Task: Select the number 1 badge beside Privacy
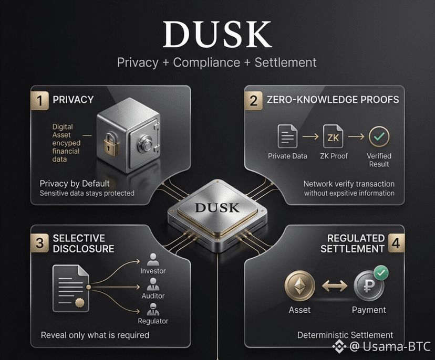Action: coord(40,100)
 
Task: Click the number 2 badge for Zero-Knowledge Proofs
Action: coord(253,100)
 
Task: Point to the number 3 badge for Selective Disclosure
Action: coord(40,243)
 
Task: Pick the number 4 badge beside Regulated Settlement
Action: coord(396,243)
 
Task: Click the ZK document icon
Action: coord(333,136)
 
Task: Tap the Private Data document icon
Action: coord(287,136)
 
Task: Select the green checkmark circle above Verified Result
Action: coord(379,136)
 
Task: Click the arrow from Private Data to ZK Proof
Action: coord(310,136)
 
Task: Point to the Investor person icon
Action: coord(153,260)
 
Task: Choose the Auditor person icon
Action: coord(153,284)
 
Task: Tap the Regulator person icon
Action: coord(153,310)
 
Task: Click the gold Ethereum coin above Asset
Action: coord(299,285)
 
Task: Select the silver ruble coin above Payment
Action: coord(369,286)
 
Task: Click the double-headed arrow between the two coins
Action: coord(335,285)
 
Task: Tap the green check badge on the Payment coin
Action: coord(381,273)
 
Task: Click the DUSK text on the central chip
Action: coord(217,208)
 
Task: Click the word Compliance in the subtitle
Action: coord(206,62)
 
